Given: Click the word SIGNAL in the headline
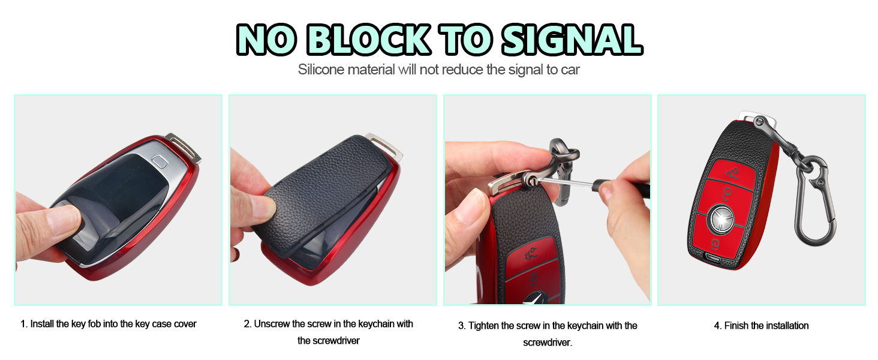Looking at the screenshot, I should tap(572, 40).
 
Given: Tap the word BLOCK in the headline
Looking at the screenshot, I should tap(369, 40).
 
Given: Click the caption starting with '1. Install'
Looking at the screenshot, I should tap(109, 324).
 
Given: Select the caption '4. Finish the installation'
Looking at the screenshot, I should tap(761, 326).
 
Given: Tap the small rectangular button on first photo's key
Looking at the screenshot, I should tap(160, 161).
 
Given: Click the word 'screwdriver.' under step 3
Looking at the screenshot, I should tap(548, 343).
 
